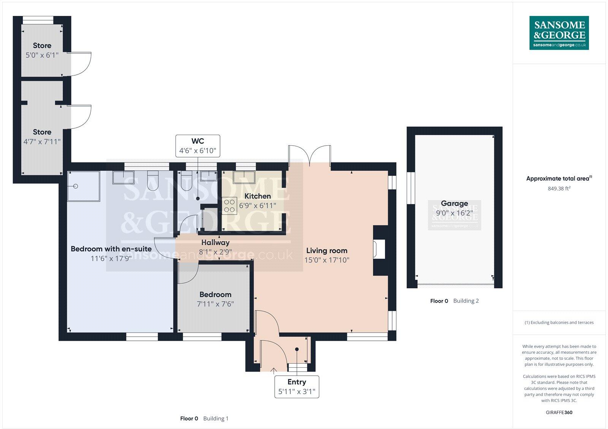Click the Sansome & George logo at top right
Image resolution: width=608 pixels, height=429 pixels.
pos(559,33)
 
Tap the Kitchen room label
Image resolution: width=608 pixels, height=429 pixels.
pos(258,196)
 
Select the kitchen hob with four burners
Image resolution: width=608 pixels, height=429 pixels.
pos(229,206)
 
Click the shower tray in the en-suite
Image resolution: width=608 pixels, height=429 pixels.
pos(84,186)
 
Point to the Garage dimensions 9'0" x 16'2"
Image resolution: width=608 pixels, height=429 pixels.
pos(454,213)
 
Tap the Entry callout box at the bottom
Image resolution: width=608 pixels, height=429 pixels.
pos(297,387)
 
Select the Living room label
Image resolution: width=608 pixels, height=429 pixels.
pos(327,251)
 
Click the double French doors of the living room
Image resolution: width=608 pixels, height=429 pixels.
pos(310,156)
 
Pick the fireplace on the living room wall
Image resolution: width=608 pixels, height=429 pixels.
pos(379,250)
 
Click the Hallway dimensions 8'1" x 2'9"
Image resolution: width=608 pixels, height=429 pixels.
pos(215,252)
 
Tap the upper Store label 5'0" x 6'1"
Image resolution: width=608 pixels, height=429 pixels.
pos(42,51)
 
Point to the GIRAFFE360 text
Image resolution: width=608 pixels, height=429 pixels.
pos(559,412)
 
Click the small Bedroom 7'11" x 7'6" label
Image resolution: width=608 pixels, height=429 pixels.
pos(215,299)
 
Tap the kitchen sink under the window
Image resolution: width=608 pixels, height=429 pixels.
pos(244,177)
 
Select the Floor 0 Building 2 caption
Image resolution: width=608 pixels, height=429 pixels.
pos(454,301)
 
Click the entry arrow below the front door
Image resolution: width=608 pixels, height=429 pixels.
pos(273,370)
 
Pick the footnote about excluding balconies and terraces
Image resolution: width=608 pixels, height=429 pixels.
pos(559,323)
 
